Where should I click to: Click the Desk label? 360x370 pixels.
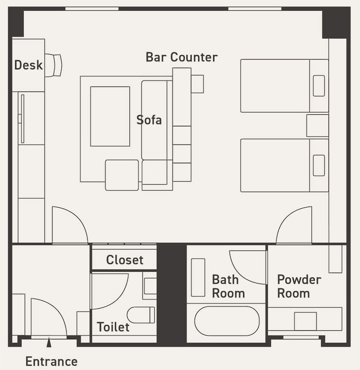tap(28, 65)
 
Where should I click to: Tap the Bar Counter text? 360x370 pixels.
tap(181, 57)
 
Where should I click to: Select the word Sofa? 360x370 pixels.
tap(149, 120)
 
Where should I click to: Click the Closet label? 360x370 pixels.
tap(125, 260)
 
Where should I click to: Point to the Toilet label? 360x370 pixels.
tap(113, 327)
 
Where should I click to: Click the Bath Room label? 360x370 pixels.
tap(228, 286)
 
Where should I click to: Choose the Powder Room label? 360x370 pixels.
tap(299, 286)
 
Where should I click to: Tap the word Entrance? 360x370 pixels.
tap(51, 361)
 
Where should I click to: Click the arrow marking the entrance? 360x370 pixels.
tap(48, 343)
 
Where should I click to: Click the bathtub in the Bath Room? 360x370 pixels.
tap(227, 321)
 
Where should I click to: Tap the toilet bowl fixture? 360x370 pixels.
tap(141, 315)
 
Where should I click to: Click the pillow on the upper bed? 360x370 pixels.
tap(319, 86)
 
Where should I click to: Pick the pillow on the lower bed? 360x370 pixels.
tap(319, 165)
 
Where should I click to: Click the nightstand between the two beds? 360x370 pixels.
tap(317, 126)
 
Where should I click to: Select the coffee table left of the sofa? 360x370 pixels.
tap(110, 117)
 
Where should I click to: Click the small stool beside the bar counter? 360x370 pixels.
tap(197, 84)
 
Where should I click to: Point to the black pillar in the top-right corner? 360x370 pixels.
tap(336, 23)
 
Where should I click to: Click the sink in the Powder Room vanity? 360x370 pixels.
tap(305, 321)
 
